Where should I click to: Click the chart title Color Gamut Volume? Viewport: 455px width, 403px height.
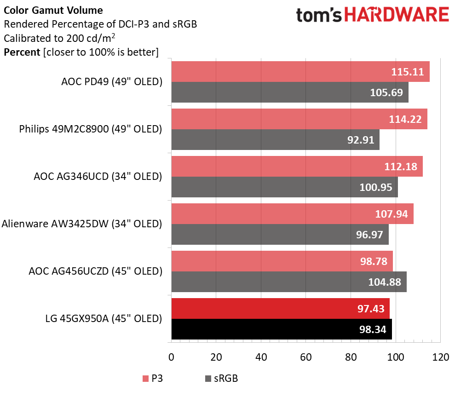coord(53,10)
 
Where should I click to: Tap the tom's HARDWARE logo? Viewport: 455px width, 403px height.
coord(372,15)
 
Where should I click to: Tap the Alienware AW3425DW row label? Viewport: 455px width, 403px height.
coord(82,224)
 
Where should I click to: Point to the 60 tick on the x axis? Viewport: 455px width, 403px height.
coord(306,357)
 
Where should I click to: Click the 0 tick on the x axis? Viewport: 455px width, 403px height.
coord(172,357)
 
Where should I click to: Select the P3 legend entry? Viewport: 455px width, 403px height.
coord(152,379)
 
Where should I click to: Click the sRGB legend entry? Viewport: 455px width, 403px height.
coord(221,379)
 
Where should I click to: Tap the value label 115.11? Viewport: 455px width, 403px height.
coord(407,72)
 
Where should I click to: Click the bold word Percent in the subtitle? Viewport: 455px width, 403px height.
coord(22,52)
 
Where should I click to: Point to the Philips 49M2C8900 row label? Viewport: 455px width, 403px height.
coord(91,129)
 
